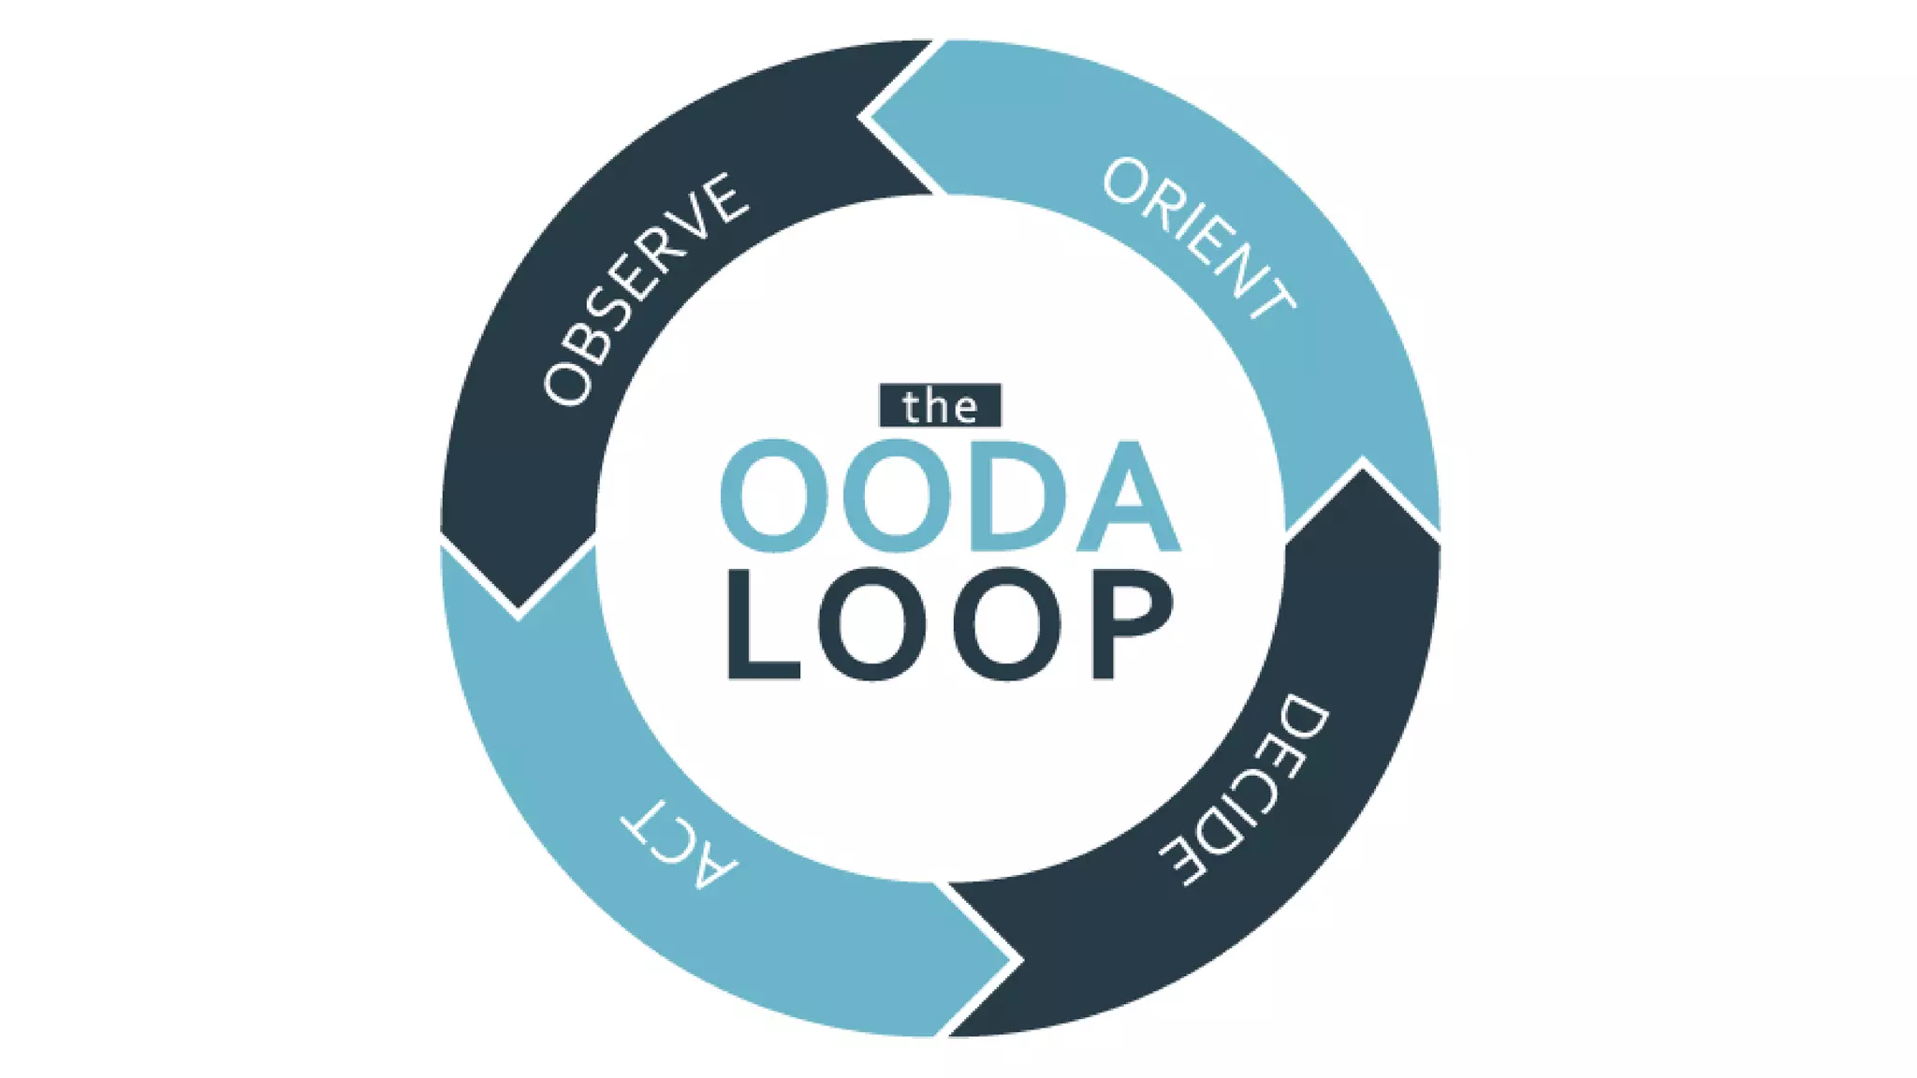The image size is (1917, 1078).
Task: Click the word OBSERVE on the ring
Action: [646, 290]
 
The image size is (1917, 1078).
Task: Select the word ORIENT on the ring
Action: [1199, 239]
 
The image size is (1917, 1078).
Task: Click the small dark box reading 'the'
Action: [940, 406]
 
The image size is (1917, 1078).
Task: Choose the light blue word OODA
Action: [949, 496]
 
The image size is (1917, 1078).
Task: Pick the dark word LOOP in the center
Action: [949, 625]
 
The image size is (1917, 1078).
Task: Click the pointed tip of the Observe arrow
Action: [519, 613]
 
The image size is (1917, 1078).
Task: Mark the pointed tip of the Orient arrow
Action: [1364, 463]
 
